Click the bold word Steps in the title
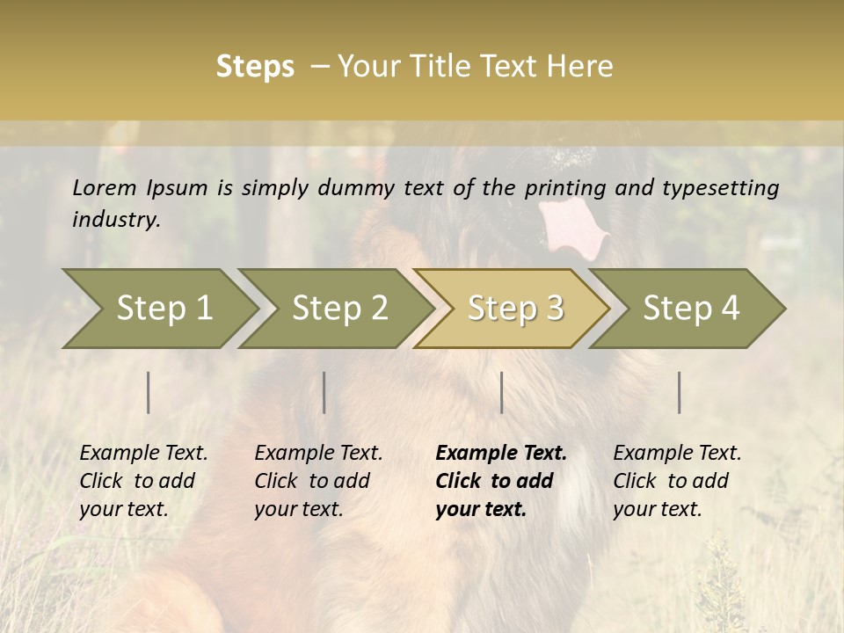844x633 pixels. point(255,67)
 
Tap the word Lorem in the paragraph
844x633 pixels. point(105,187)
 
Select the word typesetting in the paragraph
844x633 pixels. point(724,187)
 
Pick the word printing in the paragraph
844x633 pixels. point(563,187)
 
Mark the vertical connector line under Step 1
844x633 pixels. point(149,392)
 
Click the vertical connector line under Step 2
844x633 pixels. point(324,392)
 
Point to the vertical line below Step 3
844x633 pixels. point(501,392)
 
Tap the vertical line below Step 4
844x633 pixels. point(679,392)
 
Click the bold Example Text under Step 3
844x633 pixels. point(501,454)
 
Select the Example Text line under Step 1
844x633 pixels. point(143,454)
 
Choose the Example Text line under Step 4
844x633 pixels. point(677,454)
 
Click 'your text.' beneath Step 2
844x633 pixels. point(299,509)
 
